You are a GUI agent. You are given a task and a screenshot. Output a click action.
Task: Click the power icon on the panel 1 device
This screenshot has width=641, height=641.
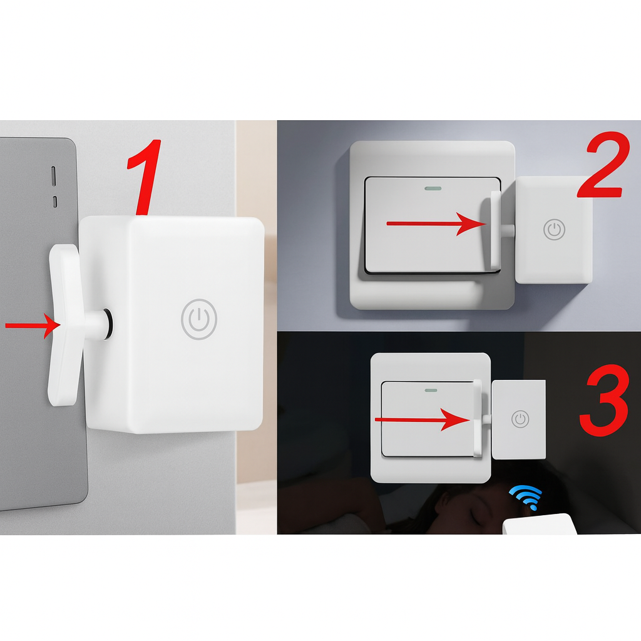point(198,319)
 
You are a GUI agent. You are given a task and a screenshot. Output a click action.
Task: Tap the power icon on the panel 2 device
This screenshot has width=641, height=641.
point(555,229)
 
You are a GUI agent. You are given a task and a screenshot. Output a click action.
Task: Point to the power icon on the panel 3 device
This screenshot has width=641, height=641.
point(520,419)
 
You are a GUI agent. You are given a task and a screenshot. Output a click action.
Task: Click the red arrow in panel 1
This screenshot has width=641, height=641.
point(33,326)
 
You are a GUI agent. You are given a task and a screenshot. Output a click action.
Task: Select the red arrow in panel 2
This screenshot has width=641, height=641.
point(436,223)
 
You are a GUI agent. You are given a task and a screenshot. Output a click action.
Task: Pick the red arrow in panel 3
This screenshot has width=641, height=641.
point(423,420)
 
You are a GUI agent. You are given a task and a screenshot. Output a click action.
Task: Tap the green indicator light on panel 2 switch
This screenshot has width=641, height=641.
point(433,189)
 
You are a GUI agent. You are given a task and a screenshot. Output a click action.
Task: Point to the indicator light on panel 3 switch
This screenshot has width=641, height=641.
point(431,390)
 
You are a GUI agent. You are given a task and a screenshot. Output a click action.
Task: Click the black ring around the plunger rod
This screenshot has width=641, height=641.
point(108,324)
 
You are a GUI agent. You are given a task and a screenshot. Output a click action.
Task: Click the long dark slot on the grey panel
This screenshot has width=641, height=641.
point(54,176)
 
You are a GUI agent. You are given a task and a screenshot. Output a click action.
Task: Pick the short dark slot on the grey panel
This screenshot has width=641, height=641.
point(55,202)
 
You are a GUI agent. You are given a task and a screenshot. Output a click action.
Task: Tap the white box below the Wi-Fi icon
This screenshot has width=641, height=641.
point(540,524)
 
